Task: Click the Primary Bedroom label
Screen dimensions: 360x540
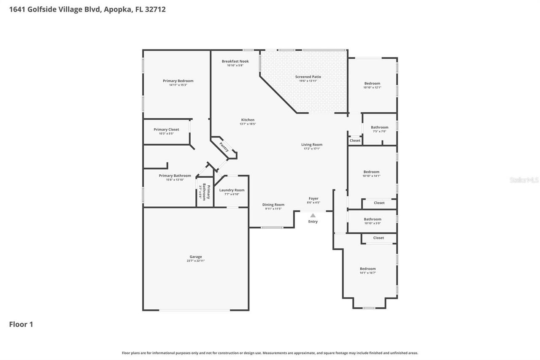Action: click(178, 81)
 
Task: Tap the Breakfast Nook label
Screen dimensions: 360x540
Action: click(235, 61)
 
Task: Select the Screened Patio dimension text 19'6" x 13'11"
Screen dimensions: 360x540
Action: click(308, 81)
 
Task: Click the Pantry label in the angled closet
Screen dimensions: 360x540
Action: click(224, 147)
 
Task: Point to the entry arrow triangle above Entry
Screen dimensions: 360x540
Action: click(313, 215)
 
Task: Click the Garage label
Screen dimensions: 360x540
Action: click(195, 257)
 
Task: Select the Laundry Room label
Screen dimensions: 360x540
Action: click(232, 190)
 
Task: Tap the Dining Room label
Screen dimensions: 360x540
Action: click(273, 205)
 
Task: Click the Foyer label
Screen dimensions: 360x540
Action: click(313, 198)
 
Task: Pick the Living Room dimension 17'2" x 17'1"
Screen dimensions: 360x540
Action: click(312, 149)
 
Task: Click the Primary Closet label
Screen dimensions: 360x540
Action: click(166, 130)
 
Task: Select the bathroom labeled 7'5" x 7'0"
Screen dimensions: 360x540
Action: click(379, 127)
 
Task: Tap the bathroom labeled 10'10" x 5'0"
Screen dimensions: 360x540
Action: click(373, 219)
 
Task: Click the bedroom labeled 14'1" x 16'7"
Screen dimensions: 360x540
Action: click(367, 269)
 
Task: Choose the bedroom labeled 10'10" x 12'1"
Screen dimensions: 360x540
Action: click(372, 84)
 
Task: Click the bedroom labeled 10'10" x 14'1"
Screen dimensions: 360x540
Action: click(371, 172)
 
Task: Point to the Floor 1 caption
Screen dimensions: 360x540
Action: click(21, 325)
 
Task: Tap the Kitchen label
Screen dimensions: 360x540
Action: click(248, 120)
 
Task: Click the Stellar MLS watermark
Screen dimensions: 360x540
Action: click(524, 180)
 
